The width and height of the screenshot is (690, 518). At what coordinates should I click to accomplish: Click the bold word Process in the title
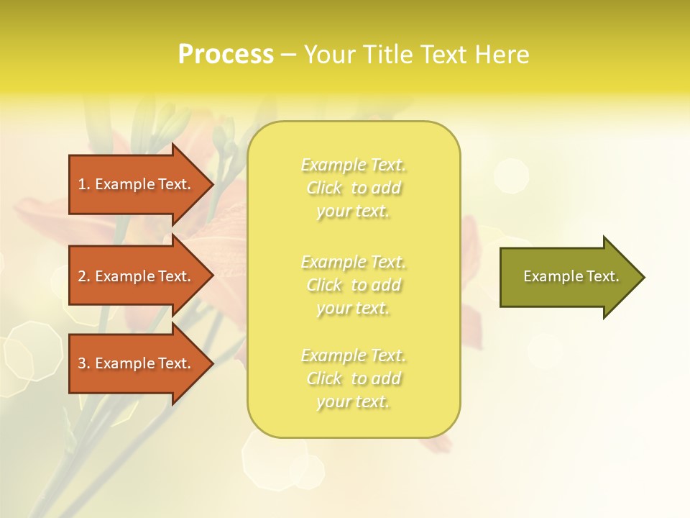[226, 55]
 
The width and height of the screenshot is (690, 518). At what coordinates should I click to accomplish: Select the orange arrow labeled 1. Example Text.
[137, 184]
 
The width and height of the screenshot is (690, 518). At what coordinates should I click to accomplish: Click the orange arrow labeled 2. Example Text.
[137, 276]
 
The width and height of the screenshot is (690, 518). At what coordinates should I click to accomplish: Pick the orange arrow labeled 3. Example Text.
[137, 363]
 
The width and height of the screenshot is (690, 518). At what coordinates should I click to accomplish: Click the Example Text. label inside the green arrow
[571, 276]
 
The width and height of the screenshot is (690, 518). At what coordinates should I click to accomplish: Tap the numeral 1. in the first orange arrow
[84, 184]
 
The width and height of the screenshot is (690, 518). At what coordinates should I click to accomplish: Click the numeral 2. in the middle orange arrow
[84, 276]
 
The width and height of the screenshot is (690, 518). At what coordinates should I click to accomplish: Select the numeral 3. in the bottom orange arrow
[84, 363]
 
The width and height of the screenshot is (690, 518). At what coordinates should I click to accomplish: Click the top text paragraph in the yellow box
[354, 188]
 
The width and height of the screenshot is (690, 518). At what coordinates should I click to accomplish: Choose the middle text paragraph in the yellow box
[354, 285]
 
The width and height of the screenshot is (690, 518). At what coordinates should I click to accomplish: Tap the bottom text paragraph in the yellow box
[354, 378]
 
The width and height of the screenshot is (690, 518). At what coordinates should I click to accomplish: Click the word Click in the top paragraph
[323, 188]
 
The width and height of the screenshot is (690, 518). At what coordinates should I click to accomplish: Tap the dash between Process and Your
[288, 55]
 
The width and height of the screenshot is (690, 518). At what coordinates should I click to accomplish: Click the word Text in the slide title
[445, 55]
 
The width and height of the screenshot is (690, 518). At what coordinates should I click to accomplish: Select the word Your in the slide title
[330, 55]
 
